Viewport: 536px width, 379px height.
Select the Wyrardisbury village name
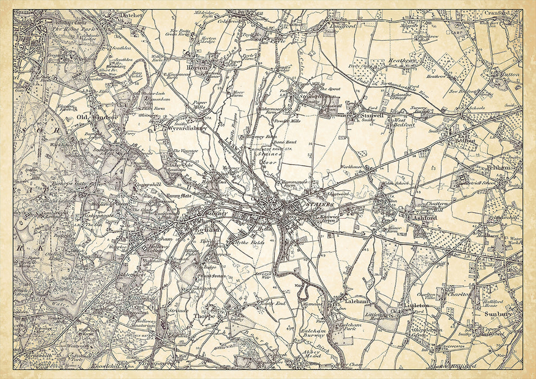point(185,129)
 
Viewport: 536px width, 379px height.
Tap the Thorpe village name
point(205,316)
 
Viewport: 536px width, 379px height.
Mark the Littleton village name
point(416,306)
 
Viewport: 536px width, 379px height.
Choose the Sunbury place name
point(493,313)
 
